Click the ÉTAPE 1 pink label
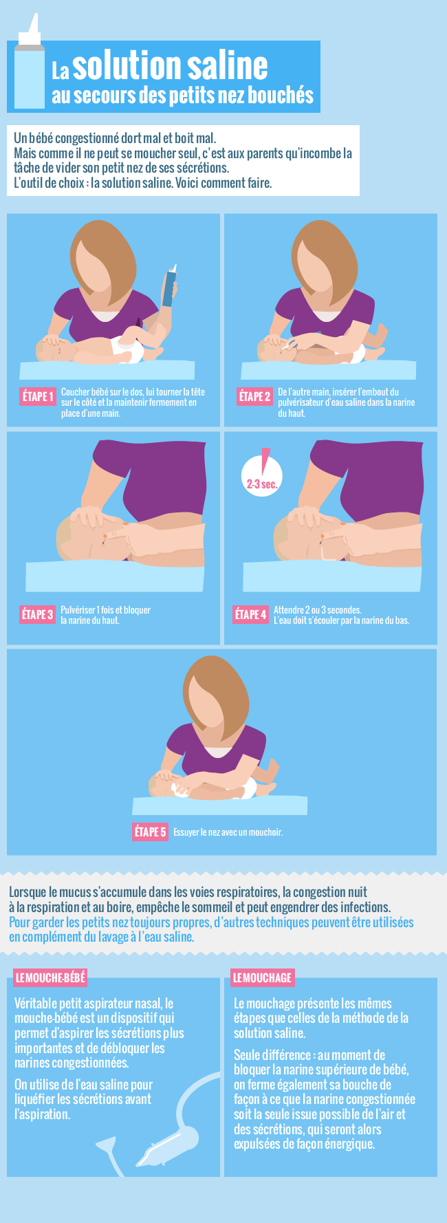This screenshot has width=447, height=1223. pos(37,396)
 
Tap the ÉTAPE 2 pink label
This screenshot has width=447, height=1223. pos(255,396)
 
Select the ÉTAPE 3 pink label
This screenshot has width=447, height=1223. pos(37,614)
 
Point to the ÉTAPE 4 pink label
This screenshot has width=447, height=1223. pos(250,614)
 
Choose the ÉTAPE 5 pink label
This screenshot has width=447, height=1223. pos(151,832)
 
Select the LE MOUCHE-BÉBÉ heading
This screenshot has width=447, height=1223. pos(50,977)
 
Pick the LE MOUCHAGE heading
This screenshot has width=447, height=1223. pos(262,977)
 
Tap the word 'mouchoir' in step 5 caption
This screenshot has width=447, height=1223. pos(267,832)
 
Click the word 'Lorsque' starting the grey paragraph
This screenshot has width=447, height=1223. pos(28,893)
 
